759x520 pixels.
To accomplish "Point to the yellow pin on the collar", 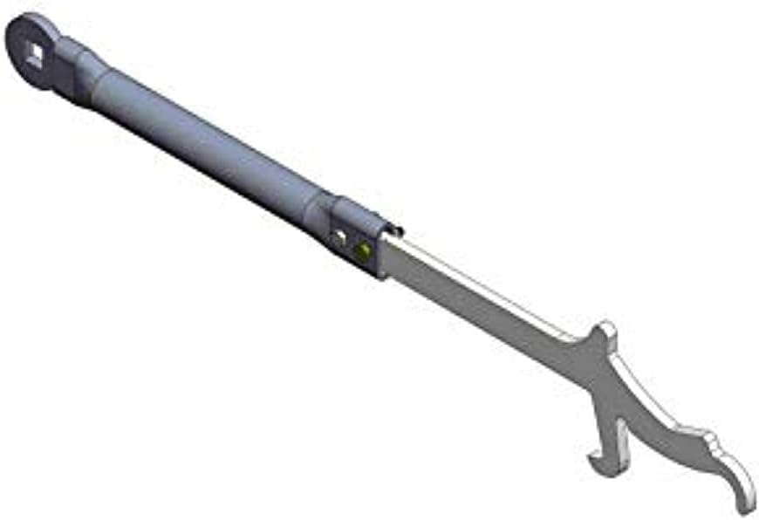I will (x=361, y=250).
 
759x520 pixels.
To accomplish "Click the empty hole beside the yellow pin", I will (x=338, y=236).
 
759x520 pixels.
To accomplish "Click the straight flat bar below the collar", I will (x=471, y=292).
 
